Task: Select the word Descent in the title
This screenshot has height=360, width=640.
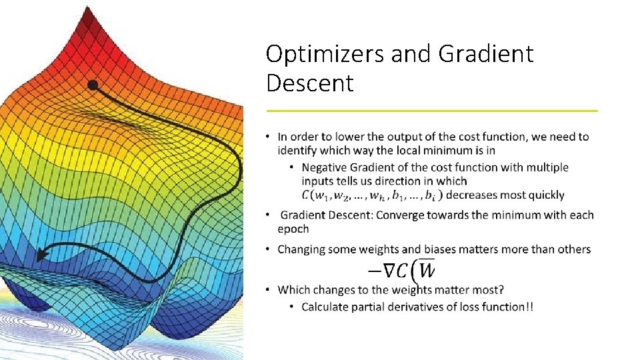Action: pyautogui.click(x=309, y=83)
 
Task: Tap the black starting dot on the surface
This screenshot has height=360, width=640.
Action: pyautogui.click(x=93, y=85)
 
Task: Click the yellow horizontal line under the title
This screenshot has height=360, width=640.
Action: pyautogui.click(x=431, y=111)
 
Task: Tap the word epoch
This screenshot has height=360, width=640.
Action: pyautogui.click(x=293, y=229)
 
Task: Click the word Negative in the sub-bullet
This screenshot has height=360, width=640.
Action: pyautogui.click(x=324, y=167)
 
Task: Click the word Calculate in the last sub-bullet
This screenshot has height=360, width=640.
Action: pyautogui.click(x=326, y=307)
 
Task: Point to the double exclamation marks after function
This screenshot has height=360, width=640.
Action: pyautogui.click(x=529, y=307)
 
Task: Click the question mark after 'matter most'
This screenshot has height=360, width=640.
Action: pyautogui.click(x=501, y=290)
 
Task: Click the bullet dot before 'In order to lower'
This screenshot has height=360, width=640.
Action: pyautogui.click(x=268, y=137)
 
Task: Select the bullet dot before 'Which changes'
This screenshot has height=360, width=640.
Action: pyautogui.click(x=268, y=290)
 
